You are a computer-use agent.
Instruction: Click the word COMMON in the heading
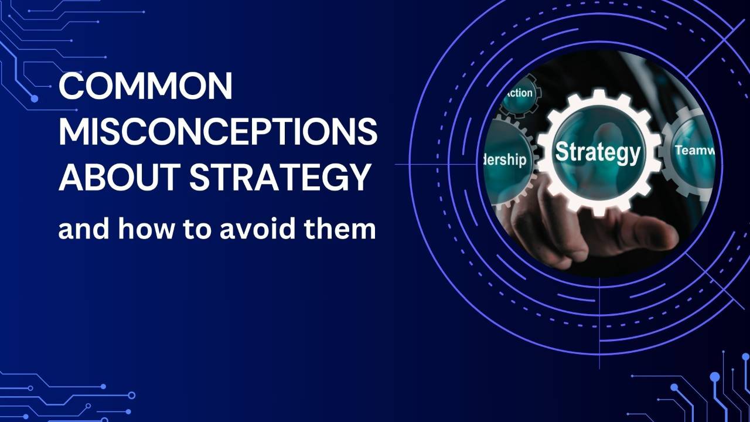(x=145, y=87)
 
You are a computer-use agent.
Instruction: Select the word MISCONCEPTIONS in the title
(x=217, y=132)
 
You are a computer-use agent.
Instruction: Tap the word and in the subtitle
(x=84, y=229)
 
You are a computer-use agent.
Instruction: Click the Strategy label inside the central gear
(x=597, y=152)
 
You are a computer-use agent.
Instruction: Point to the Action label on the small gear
(x=518, y=93)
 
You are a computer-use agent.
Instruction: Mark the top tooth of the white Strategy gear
(x=599, y=94)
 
